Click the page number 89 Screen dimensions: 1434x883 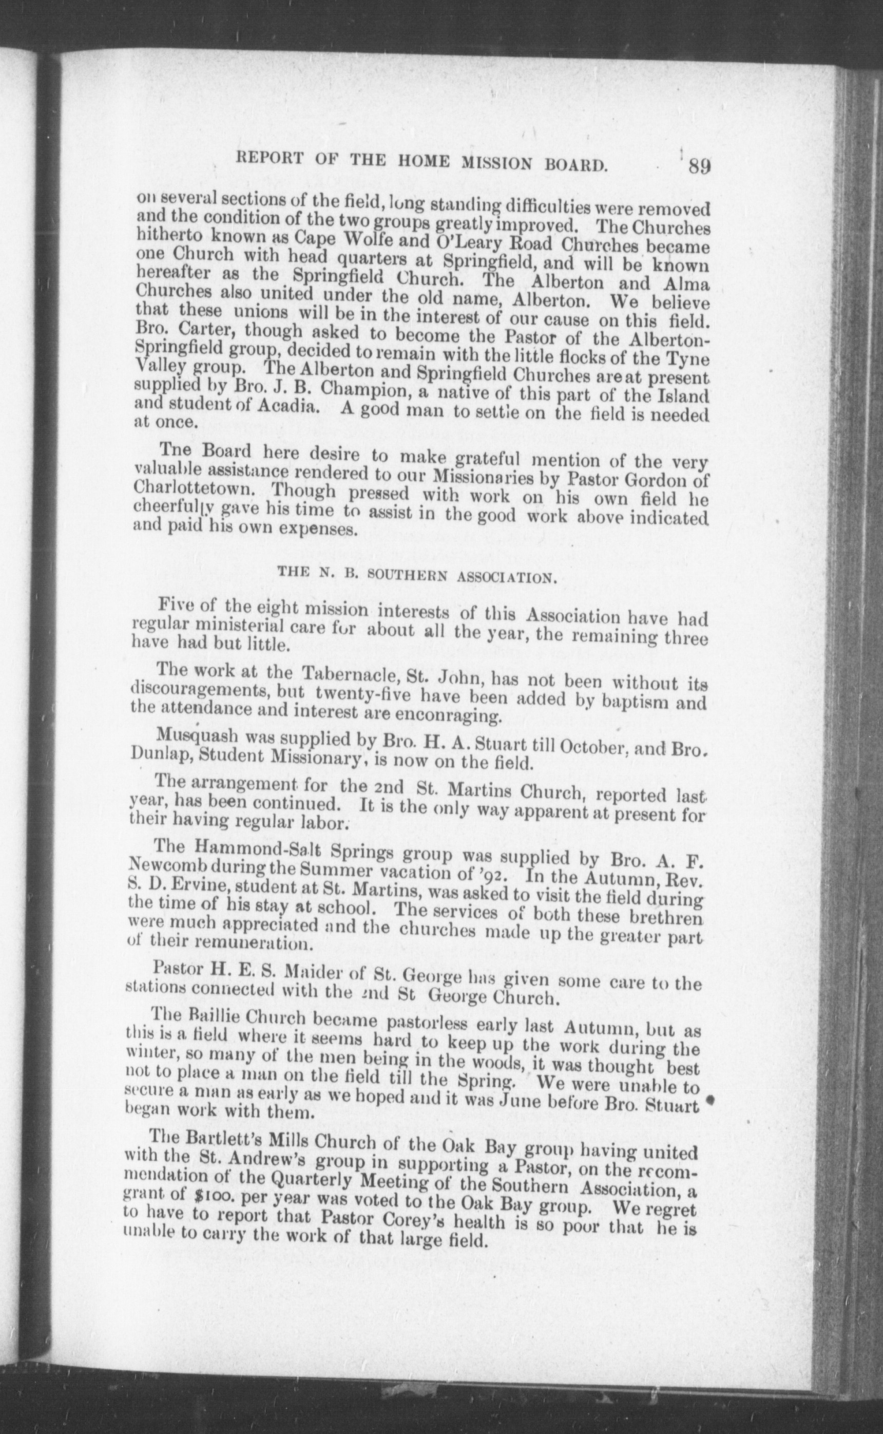click(699, 166)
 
